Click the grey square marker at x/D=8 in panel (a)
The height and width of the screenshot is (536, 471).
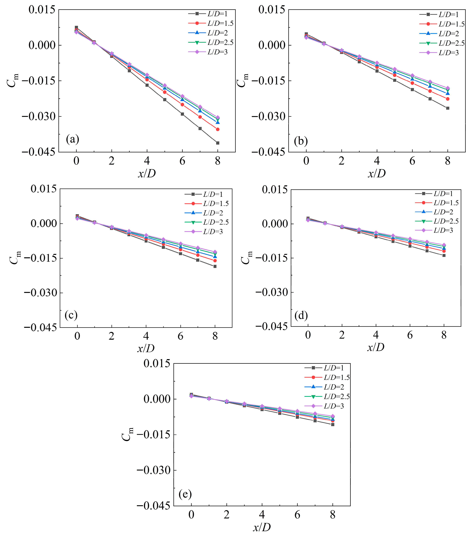point(218,143)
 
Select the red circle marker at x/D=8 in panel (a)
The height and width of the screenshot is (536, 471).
point(218,129)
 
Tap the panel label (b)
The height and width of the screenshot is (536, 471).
point(301,141)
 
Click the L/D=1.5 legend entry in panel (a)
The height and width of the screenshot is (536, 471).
point(211,23)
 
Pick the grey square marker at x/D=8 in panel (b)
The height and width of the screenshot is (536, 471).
point(448,108)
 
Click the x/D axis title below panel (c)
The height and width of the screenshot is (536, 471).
point(146,348)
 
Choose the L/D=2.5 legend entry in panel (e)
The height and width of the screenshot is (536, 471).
point(327,396)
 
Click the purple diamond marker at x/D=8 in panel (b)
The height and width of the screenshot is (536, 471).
point(448,88)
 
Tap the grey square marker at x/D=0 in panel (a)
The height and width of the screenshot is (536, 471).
point(76,27)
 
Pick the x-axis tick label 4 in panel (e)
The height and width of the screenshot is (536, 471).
point(262,515)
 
